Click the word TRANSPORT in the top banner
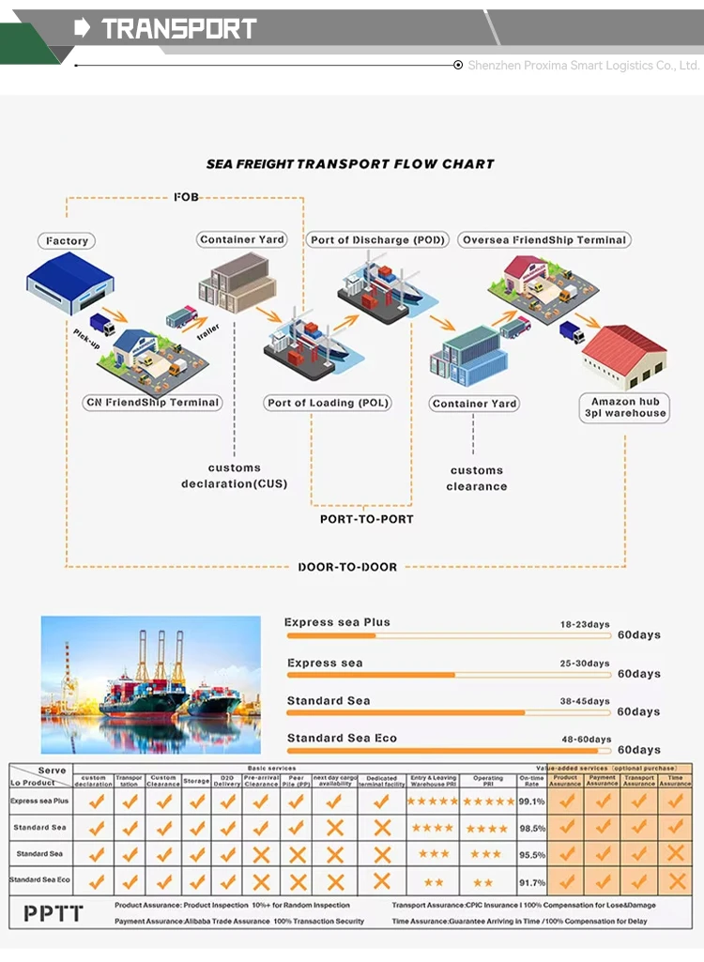tap(178, 29)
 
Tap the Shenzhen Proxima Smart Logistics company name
tap(584, 66)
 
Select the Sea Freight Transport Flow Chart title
tap(350, 164)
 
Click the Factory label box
tap(68, 241)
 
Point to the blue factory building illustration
tap(69, 282)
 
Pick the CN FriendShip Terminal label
tap(152, 403)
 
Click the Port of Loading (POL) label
tap(328, 403)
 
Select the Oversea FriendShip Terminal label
tap(543, 240)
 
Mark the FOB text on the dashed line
tap(187, 197)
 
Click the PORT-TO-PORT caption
tap(366, 519)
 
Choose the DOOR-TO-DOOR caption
tap(347, 567)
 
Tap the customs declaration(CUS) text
tap(235, 476)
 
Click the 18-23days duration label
tap(585, 624)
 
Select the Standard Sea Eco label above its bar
tap(342, 739)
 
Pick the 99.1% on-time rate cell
tap(531, 802)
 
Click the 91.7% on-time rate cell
tap(531, 882)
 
